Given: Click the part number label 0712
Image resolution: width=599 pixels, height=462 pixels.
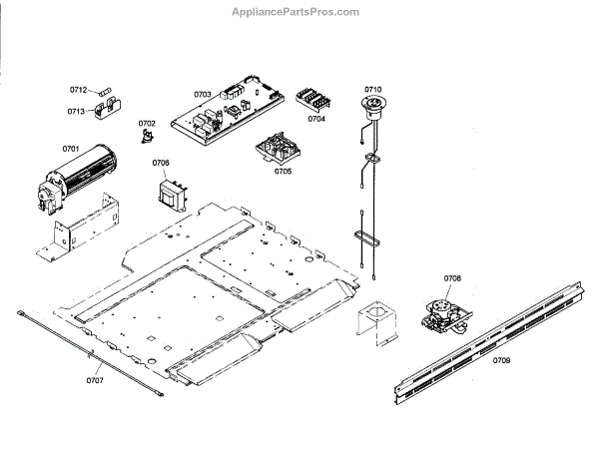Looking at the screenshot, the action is click(x=78, y=89).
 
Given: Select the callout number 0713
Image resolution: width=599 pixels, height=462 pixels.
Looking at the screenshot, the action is click(x=77, y=111).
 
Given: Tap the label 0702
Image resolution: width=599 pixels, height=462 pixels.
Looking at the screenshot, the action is click(x=147, y=123).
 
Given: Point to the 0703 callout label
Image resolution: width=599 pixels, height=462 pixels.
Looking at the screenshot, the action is click(x=202, y=95).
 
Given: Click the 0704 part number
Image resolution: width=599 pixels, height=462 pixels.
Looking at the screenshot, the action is click(x=316, y=118).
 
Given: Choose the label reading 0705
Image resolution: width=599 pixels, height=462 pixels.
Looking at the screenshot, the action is click(x=283, y=171).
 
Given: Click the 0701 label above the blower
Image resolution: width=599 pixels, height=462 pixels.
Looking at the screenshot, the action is click(x=70, y=149).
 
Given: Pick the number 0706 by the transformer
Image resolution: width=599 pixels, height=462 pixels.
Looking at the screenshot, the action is click(x=161, y=162).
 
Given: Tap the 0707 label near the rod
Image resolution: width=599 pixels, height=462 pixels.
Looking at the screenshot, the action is click(x=95, y=380).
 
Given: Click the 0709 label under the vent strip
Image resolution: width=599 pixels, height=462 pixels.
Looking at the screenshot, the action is click(x=500, y=358).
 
